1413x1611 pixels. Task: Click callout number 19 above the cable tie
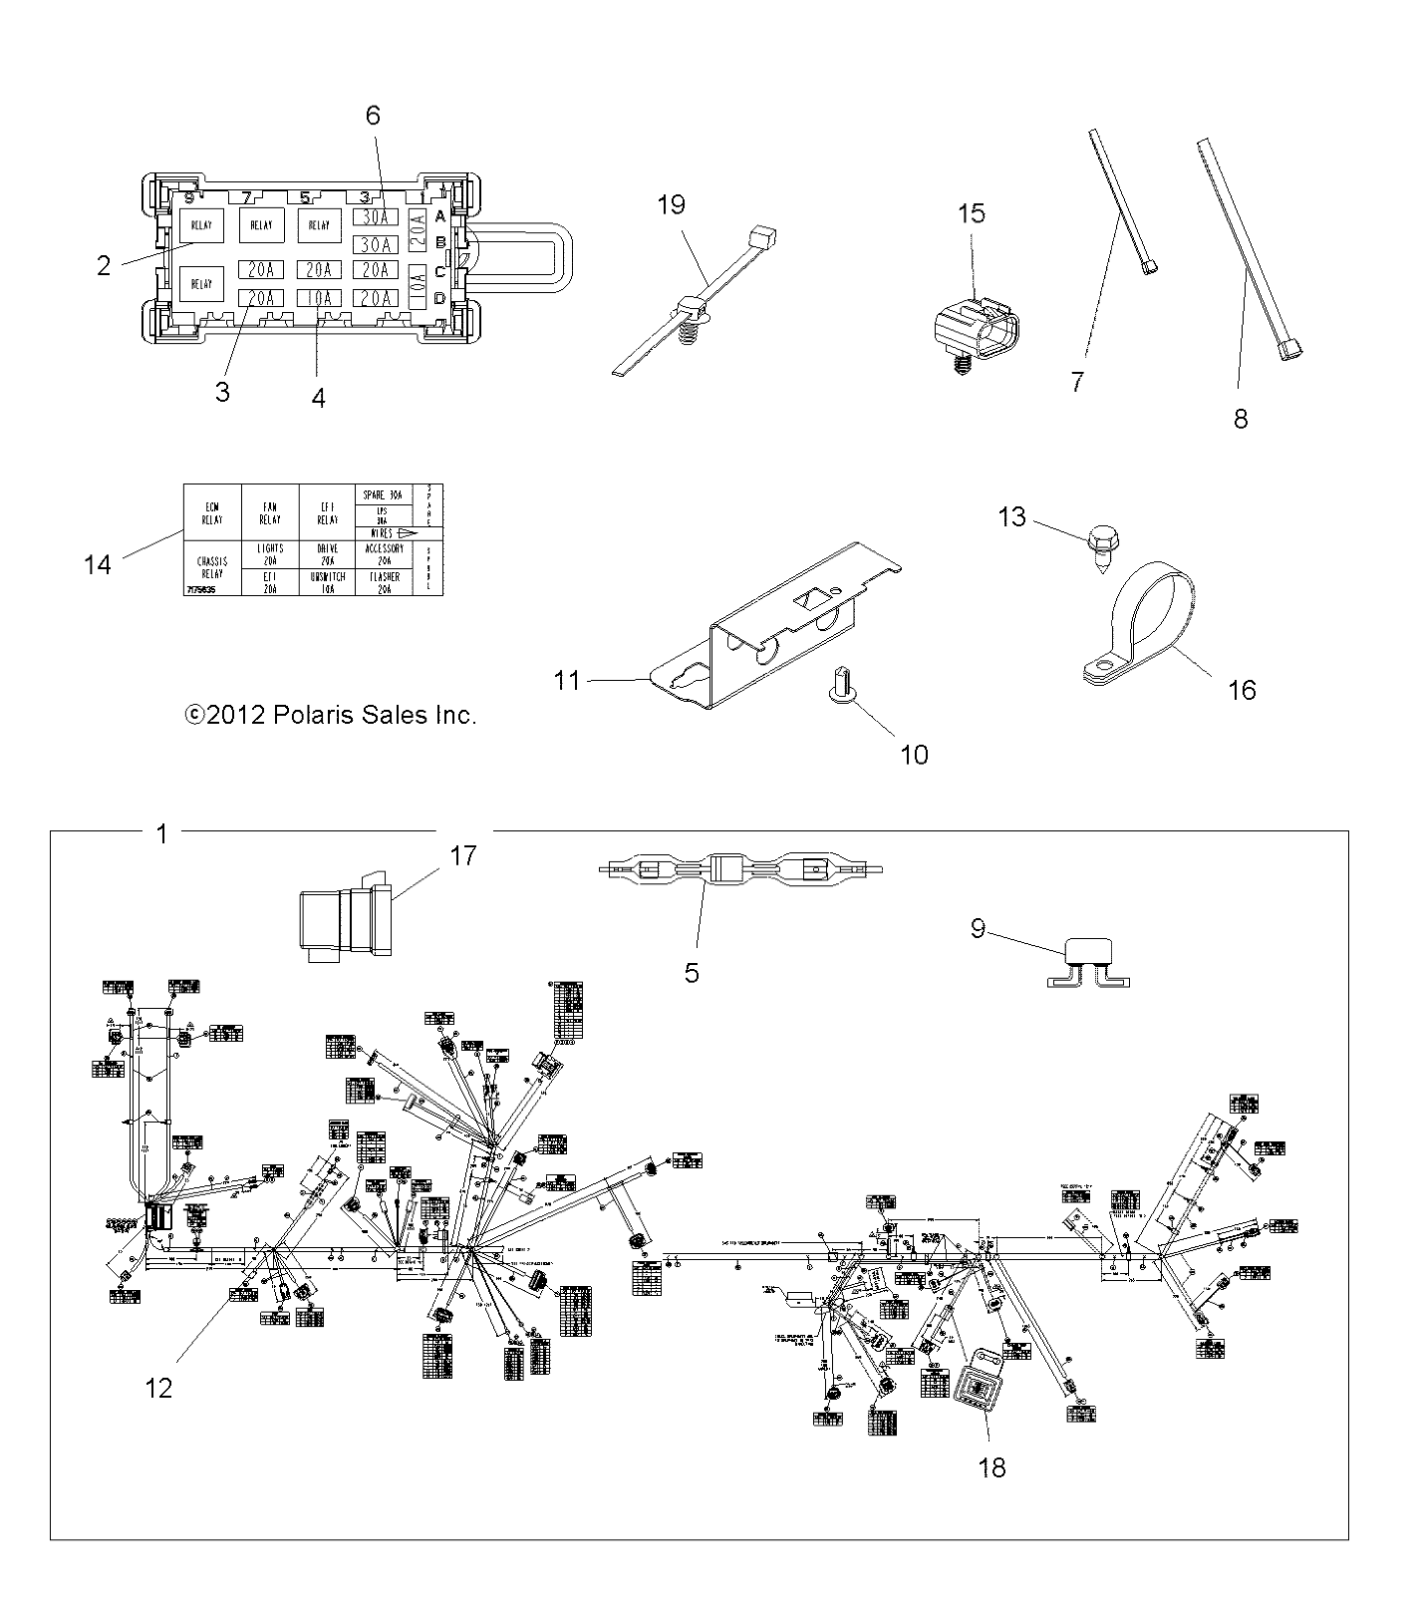point(672,205)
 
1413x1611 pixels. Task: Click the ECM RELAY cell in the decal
point(212,512)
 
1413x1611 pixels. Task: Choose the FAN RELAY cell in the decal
point(270,512)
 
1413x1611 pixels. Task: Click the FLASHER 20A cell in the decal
point(384,582)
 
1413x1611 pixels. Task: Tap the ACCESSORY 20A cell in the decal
point(384,554)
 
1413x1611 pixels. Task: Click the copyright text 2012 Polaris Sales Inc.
point(330,715)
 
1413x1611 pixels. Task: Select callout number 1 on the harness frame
point(162,833)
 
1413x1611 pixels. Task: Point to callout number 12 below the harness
point(158,1387)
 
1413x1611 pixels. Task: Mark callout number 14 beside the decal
point(97,564)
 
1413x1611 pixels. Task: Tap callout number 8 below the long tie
point(1240,419)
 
